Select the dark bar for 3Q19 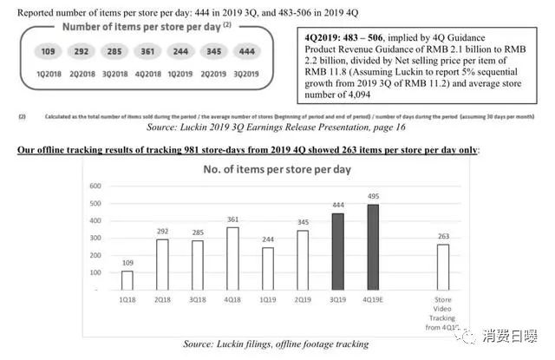point(338,252)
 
